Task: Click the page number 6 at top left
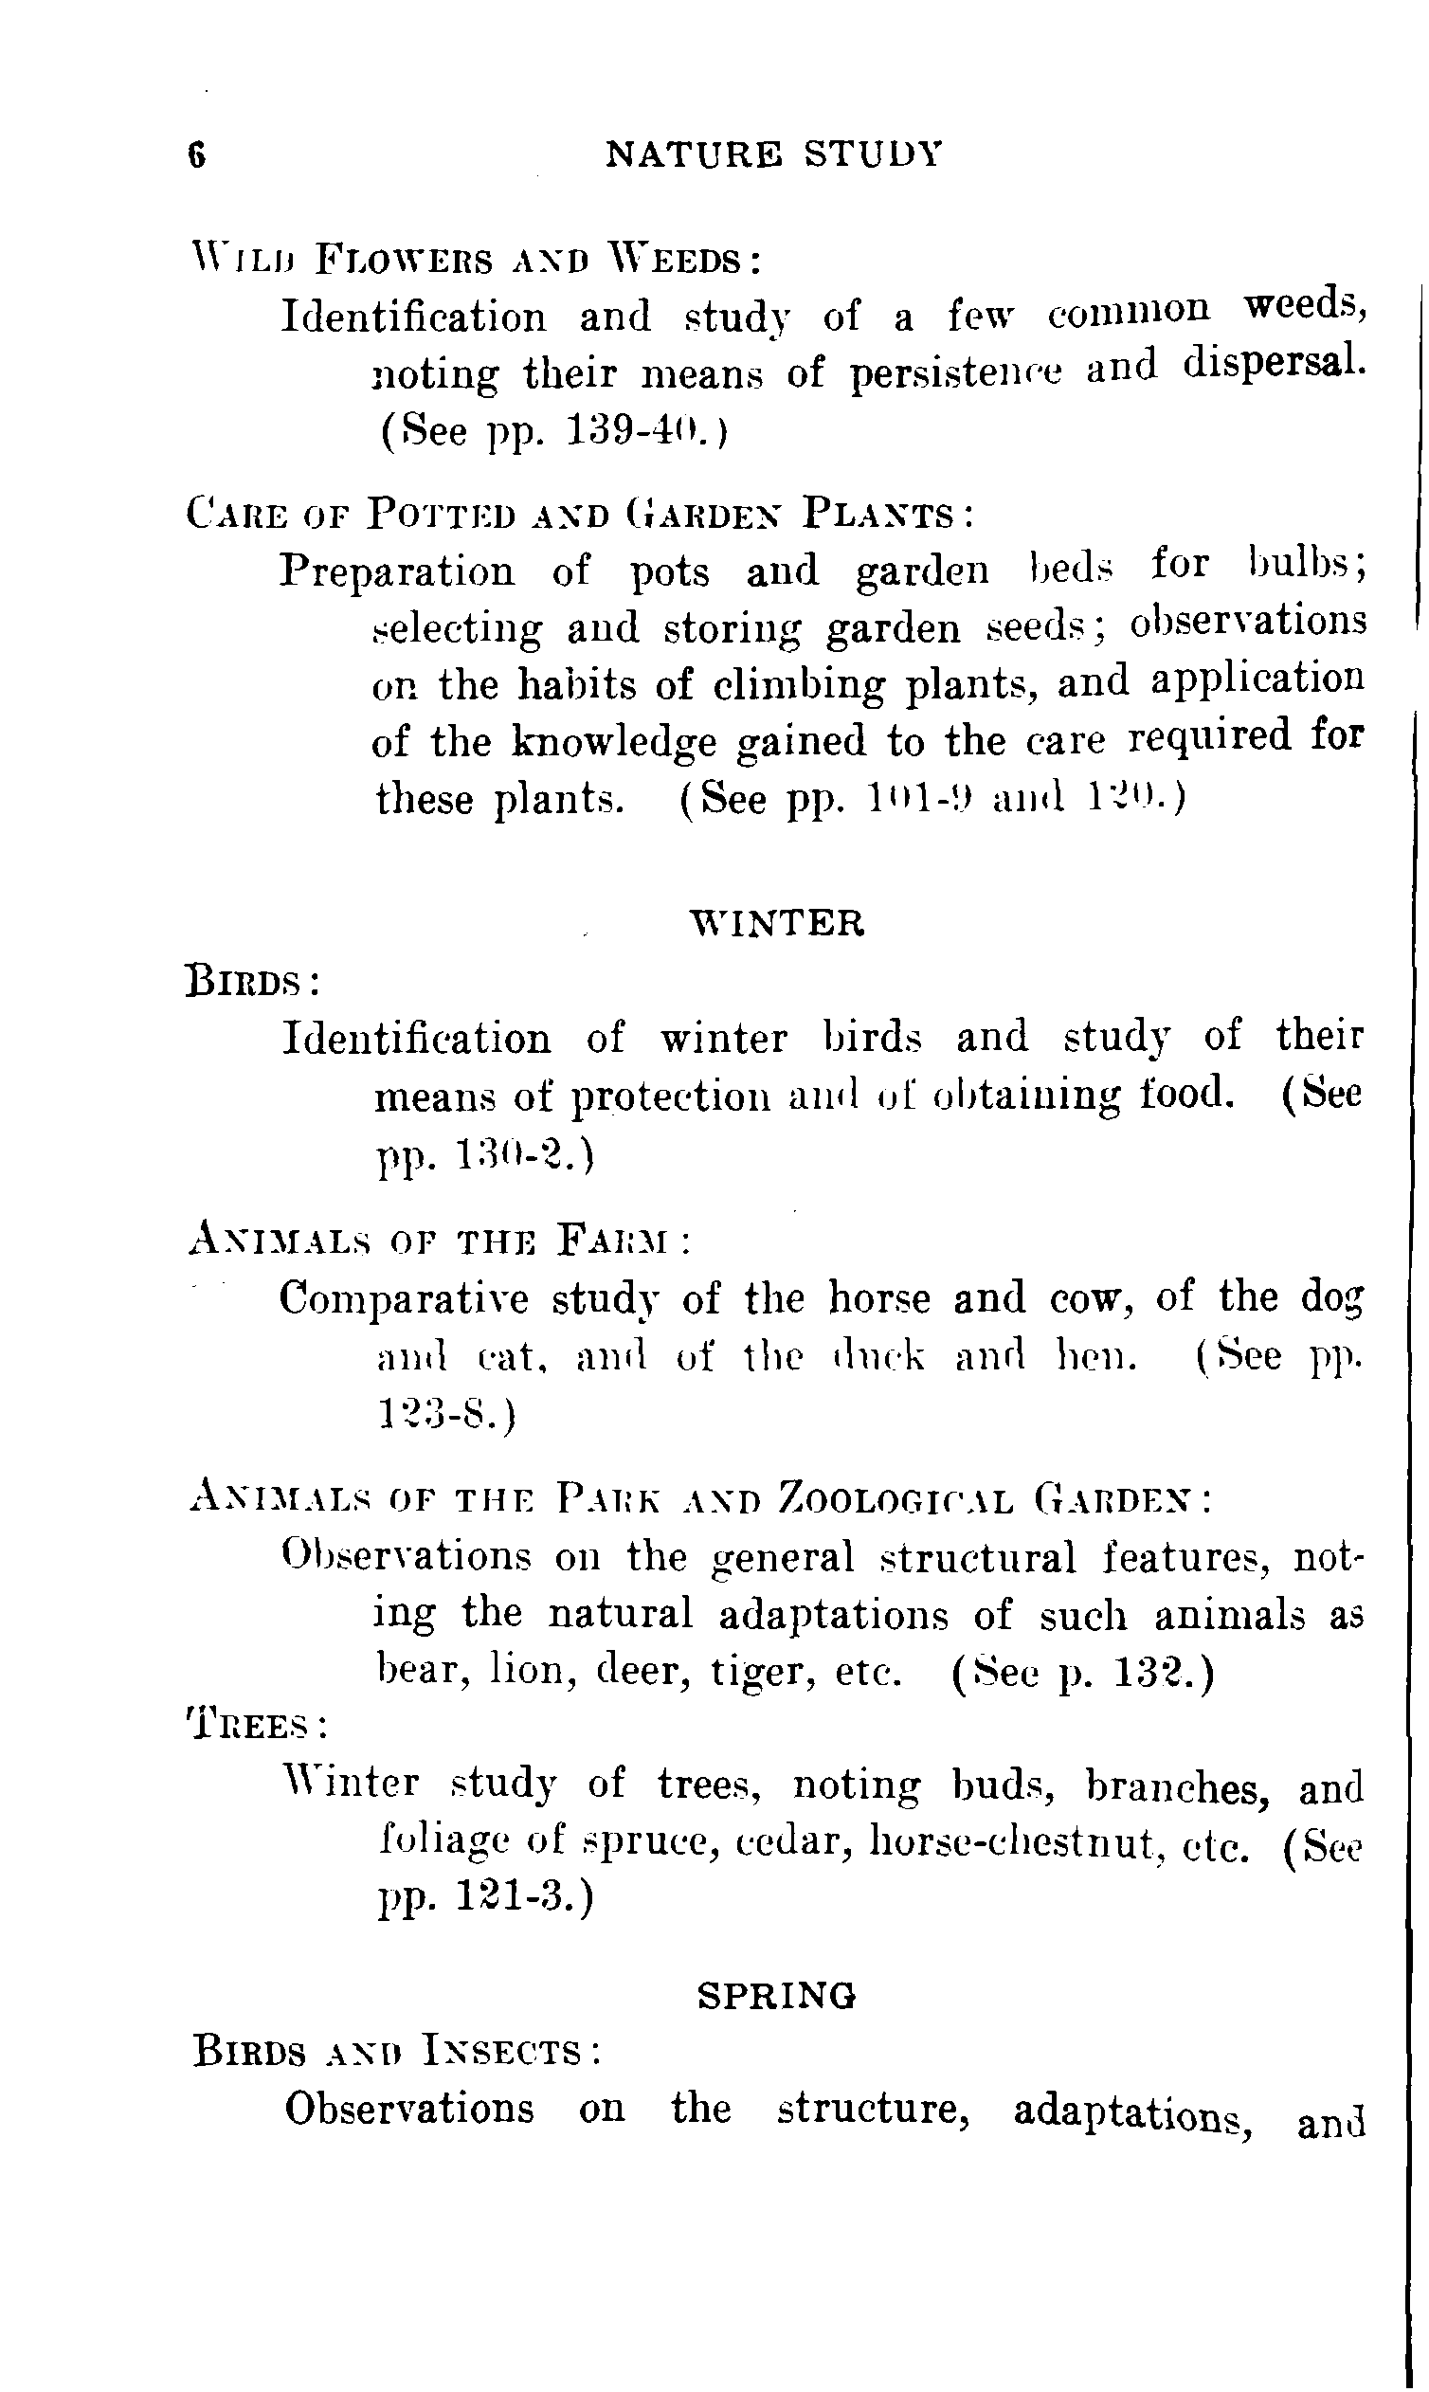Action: [196, 155]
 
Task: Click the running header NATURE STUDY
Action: [773, 154]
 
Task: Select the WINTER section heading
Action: [778, 923]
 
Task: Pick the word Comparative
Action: [405, 1299]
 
